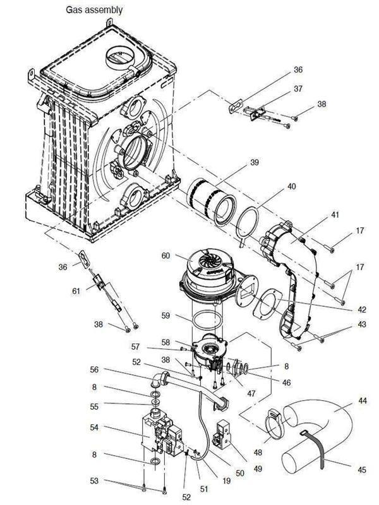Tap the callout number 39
tap(255, 162)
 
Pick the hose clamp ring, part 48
tap(272, 424)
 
